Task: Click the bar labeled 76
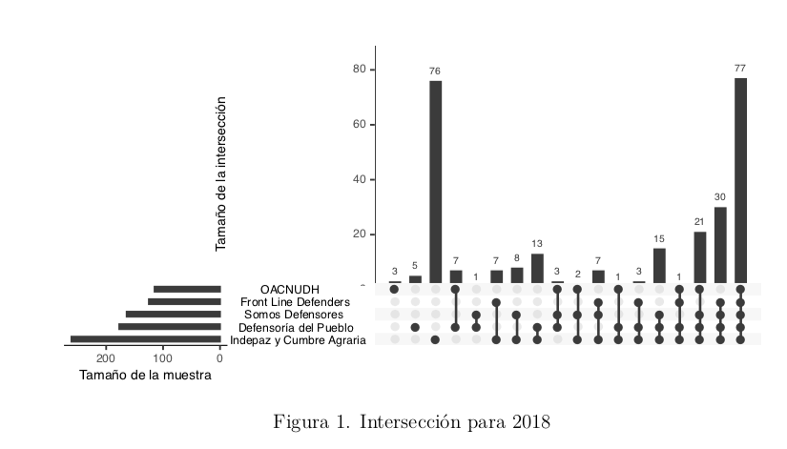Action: [435, 181]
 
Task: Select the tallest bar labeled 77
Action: [740, 180]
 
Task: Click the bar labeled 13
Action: [537, 268]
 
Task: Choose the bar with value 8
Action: [517, 275]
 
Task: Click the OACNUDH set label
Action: [290, 289]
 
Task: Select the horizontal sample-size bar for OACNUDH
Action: [187, 289]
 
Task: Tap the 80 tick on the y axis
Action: [360, 70]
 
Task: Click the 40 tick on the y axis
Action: [360, 179]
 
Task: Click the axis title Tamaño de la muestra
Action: [145, 375]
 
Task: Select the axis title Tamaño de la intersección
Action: [221, 173]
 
